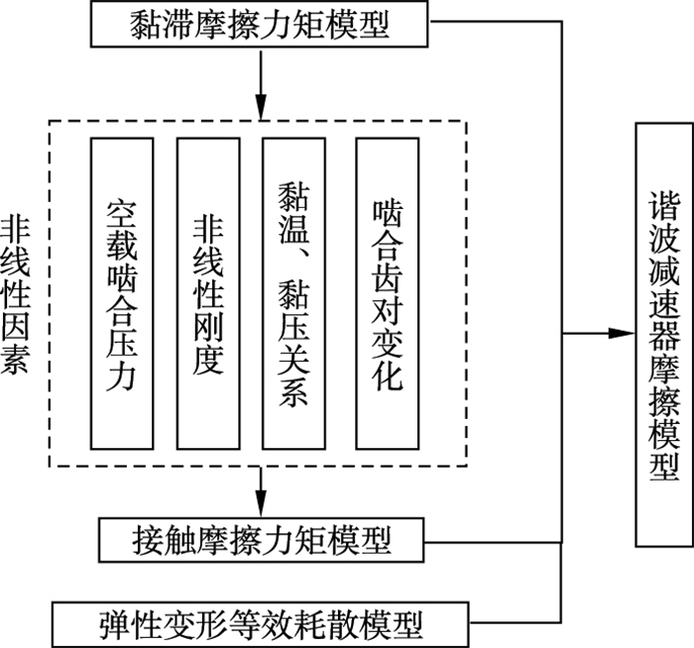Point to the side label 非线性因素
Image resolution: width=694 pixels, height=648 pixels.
click(16, 295)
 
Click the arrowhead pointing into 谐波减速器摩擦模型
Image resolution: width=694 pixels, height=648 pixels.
click(622, 334)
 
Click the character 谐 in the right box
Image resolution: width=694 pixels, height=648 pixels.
click(664, 206)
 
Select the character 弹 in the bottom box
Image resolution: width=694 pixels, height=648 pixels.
click(115, 624)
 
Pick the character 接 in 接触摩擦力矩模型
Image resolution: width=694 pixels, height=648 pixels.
click(148, 541)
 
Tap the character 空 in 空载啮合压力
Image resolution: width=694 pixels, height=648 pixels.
click(122, 215)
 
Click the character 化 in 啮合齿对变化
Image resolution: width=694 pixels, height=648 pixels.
click(388, 376)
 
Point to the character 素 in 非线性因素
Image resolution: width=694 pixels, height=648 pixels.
click(16, 359)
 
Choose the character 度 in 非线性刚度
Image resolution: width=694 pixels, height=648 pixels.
click(208, 360)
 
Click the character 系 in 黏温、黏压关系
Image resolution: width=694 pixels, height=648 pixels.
click(293, 391)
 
